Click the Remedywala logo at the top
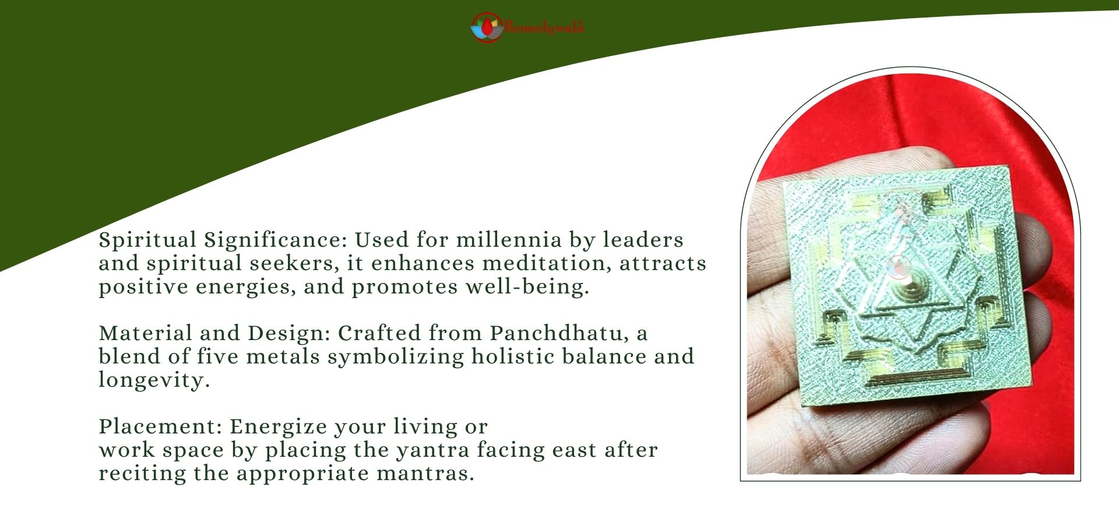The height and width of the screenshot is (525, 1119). [527, 27]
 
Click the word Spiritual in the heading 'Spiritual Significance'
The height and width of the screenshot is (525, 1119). [147, 240]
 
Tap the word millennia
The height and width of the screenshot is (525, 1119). [509, 240]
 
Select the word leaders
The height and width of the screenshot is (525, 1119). [643, 240]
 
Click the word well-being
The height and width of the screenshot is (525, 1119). [527, 287]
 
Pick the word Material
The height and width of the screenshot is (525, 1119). [146, 333]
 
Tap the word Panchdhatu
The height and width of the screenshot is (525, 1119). [559, 333]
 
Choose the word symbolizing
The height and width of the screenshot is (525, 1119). [396, 357]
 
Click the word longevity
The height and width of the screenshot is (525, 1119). [154, 380]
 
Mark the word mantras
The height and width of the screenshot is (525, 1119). [425, 473]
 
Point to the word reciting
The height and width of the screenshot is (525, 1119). [142, 474]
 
